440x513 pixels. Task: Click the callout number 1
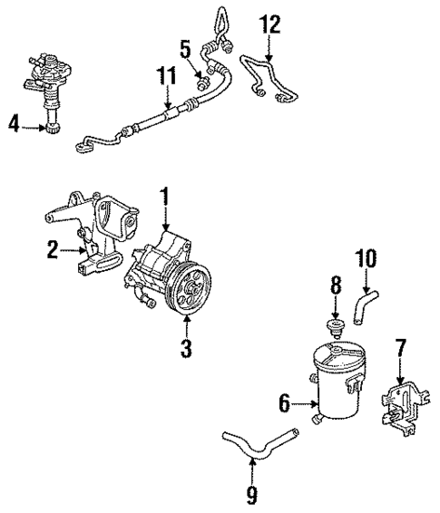click(165, 196)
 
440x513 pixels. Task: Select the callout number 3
click(185, 348)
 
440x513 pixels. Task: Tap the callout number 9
click(251, 495)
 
